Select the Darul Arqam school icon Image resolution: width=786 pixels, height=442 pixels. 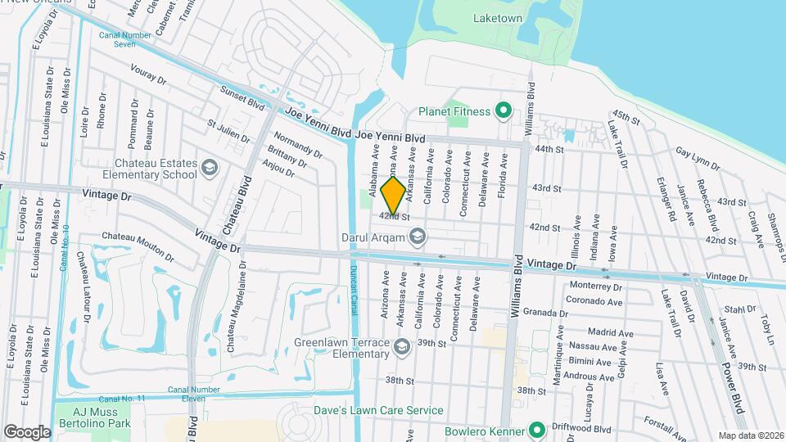tap(418, 237)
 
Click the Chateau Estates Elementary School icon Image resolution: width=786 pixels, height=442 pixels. tap(209, 168)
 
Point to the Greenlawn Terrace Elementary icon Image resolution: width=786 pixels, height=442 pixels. tap(401, 348)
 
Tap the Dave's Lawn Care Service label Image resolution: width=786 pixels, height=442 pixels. tap(378, 410)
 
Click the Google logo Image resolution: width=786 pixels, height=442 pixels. tap(27, 431)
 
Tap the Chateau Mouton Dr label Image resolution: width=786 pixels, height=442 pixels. tap(138, 246)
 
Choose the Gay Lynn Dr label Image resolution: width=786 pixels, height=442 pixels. tap(698, 159)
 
